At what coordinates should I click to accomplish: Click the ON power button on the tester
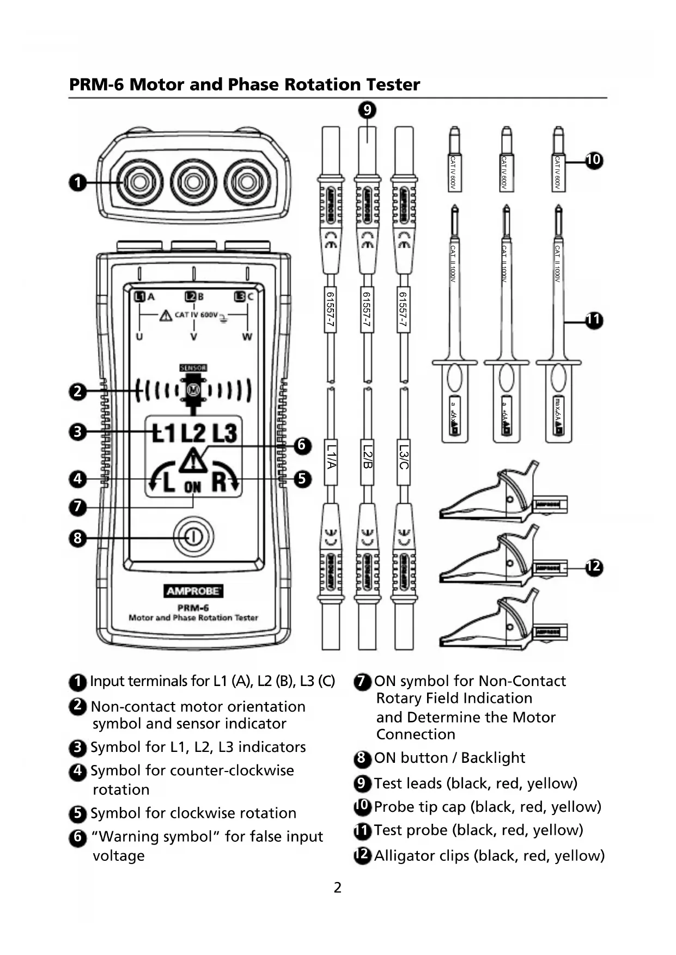tap(193, 537)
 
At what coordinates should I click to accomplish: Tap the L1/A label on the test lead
tap(331, 456)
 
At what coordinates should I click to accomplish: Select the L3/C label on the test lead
tap(404, 456)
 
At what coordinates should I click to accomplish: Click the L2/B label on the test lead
tap(367, 456)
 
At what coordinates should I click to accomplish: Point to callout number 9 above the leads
tap(367, 111)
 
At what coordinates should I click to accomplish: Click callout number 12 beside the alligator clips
tap(594, 567)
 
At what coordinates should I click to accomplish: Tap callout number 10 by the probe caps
tap(593, 160)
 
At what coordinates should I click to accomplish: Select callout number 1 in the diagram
tap(78, 182)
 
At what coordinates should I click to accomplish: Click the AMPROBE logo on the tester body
tap(193, 591)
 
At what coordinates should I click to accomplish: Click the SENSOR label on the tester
tap(193, 368)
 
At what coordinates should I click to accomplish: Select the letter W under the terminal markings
tap(247, 337)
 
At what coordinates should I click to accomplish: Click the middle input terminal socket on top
tap(193, 182)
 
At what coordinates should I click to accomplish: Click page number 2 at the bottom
tap(338, 888)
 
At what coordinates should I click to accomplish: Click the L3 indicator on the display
tap(224, 433)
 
